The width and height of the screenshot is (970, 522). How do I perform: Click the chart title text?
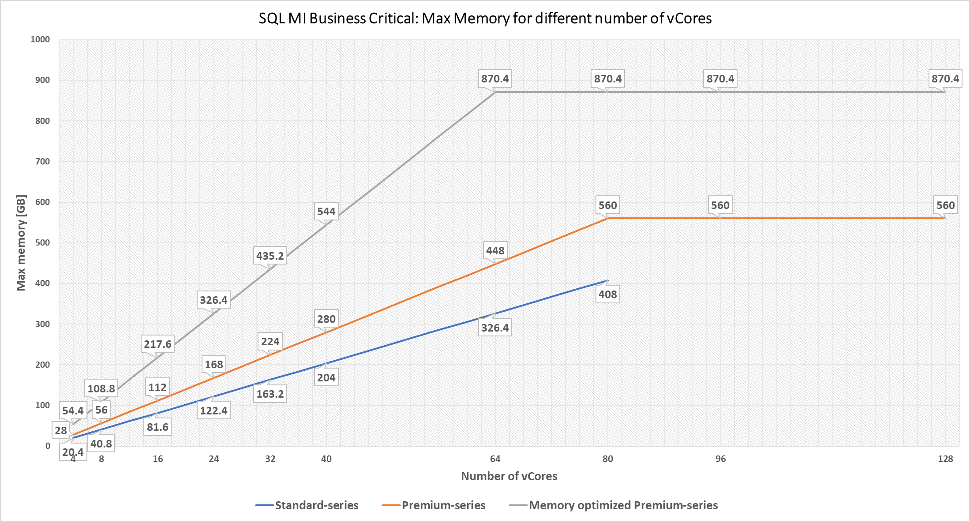485,19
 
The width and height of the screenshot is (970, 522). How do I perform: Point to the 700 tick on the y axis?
43,161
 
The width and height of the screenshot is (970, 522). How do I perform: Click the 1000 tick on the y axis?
40,40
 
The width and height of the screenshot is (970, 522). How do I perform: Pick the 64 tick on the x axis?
495,459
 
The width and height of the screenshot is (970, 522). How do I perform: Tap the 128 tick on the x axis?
945,459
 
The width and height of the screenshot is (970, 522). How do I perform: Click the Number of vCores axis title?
509,476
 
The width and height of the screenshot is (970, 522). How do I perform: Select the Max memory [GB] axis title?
21,242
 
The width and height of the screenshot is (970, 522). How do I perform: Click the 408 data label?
607,295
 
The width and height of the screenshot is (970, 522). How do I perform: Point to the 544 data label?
326,212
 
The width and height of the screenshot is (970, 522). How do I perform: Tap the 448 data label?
495,251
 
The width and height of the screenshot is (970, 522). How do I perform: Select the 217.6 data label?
157,344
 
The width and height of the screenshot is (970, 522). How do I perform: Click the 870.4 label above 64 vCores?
495,79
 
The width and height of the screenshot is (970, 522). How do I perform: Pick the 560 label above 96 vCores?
720,205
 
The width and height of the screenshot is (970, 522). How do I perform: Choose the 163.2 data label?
270,394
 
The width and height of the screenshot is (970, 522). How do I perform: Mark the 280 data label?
326,319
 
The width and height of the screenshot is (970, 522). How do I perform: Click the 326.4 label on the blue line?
495,328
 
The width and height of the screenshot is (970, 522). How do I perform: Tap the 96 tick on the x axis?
720,459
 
